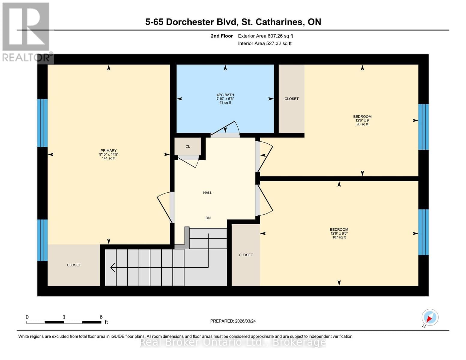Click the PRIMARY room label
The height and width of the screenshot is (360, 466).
coord(108,151)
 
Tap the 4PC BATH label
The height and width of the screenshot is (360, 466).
coord(225,95)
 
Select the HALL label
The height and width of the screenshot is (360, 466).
coord(207,193)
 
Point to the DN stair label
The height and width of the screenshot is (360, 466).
coord(208,218)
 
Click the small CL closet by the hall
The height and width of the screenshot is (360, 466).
coord(188,146)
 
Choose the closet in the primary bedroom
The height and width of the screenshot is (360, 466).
coord(74,265)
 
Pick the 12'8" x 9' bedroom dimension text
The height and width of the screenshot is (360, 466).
coord(362,120)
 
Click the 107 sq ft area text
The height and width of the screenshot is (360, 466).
coord(339,237)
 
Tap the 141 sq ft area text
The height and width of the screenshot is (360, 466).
coord(108,158)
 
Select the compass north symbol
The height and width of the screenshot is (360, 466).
coord(430,317)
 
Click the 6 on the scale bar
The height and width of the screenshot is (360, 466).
coord(101,317)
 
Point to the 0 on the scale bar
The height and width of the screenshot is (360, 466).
coord(27,317)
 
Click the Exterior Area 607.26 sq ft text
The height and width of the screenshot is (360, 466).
coord(265,36)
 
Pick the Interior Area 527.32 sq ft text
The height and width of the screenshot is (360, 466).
coord(265,43)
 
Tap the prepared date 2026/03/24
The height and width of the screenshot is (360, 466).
coord(245,321)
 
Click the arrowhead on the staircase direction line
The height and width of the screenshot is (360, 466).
coord(113,267)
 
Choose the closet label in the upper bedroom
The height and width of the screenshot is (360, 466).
coord(291,99)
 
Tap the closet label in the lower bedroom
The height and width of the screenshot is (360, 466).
coord(246,255)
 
